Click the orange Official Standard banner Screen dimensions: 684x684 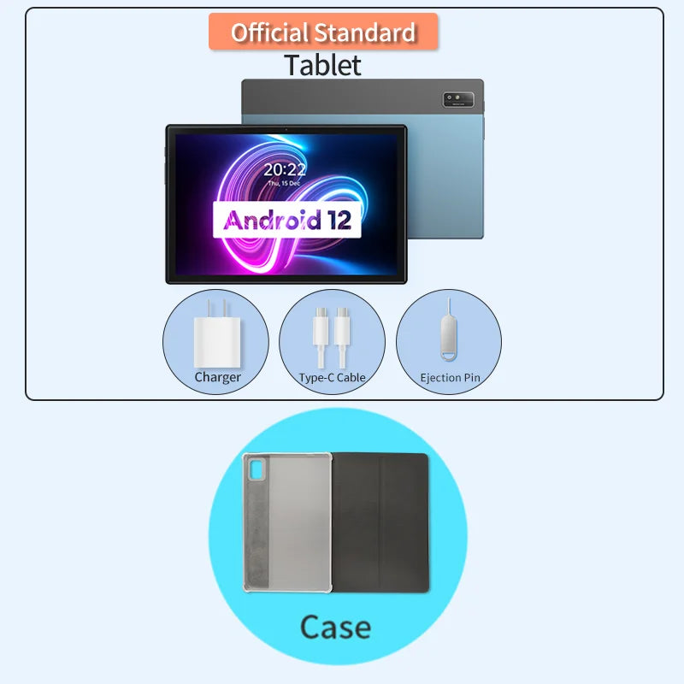pyautogui.click(x=323, y=32)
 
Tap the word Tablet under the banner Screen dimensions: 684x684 pyautogui.click(x=323, y=65)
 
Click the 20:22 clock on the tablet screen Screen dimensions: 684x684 pyautogui.click(x=284, y=169)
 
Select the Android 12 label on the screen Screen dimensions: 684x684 pyautogui.click(x=286, y=220)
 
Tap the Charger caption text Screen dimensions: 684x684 pyautogui.click(x=217, y=377)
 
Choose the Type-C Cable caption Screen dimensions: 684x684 pyautogui.click(x=332, y=377)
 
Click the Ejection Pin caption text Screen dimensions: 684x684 pyautogui.click(x=450, y=377)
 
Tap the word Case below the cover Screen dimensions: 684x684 pyautogui.click(x=335, y=628)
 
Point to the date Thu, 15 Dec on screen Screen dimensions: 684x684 pyautogui.click(x=284, y=183)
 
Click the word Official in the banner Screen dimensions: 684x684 pyautogui.click(x=270, y=32)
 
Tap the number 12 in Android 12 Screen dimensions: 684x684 pyautogui.click(x=338, y=220)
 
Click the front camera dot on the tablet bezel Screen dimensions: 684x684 pyautogui.click(x=286, y=130)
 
